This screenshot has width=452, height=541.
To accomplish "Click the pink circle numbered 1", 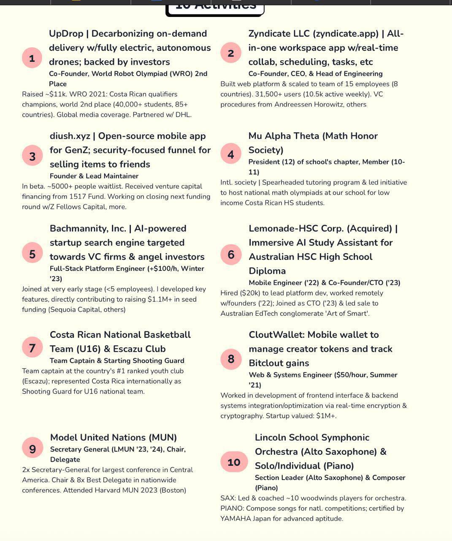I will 32,58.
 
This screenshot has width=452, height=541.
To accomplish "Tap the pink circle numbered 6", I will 231,254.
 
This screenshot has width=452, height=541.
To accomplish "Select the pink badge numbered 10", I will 234,462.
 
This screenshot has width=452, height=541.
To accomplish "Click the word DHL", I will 182,115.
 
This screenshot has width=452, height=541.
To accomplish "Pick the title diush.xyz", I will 70,136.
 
